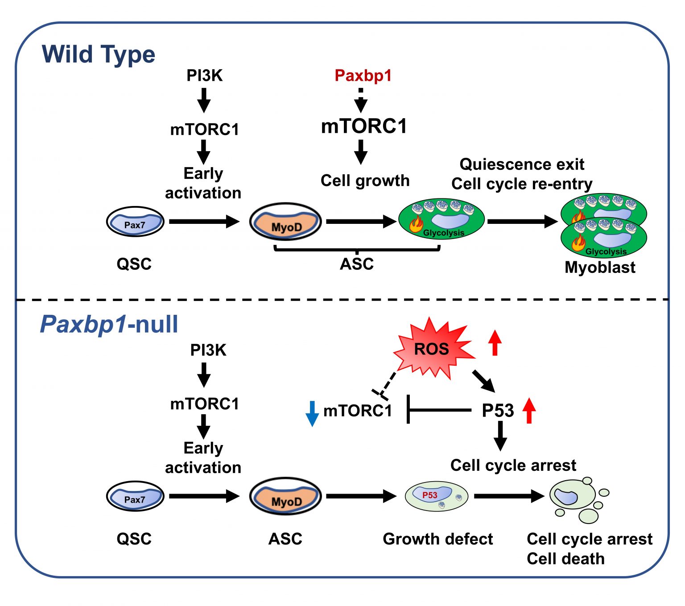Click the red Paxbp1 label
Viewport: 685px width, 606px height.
(363, 75)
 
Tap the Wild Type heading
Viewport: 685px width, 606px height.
(98, 54)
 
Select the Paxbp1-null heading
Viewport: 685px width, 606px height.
(109, 324)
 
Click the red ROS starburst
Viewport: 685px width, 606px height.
(432, 349)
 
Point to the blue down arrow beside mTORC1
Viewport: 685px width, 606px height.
(312, 413)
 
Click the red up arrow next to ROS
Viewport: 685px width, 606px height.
(495, 342)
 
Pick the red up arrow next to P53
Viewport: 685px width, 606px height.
(529, 410)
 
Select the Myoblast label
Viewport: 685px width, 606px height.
(600, 267)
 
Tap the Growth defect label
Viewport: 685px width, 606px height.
(437, 539)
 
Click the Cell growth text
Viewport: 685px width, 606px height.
(365, 181)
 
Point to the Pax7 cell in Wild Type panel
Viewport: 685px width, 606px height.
(135, 222)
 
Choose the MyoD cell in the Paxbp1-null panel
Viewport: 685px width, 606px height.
(285, 496)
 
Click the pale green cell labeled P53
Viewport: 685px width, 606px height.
(436, 496)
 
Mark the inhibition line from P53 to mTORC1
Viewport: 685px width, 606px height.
(439, 409)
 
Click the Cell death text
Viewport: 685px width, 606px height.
(565, 559)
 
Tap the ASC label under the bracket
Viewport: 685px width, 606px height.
(357, 264)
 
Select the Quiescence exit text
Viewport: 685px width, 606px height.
(522, 164)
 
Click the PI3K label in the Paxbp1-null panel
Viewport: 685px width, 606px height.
(208, 350)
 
